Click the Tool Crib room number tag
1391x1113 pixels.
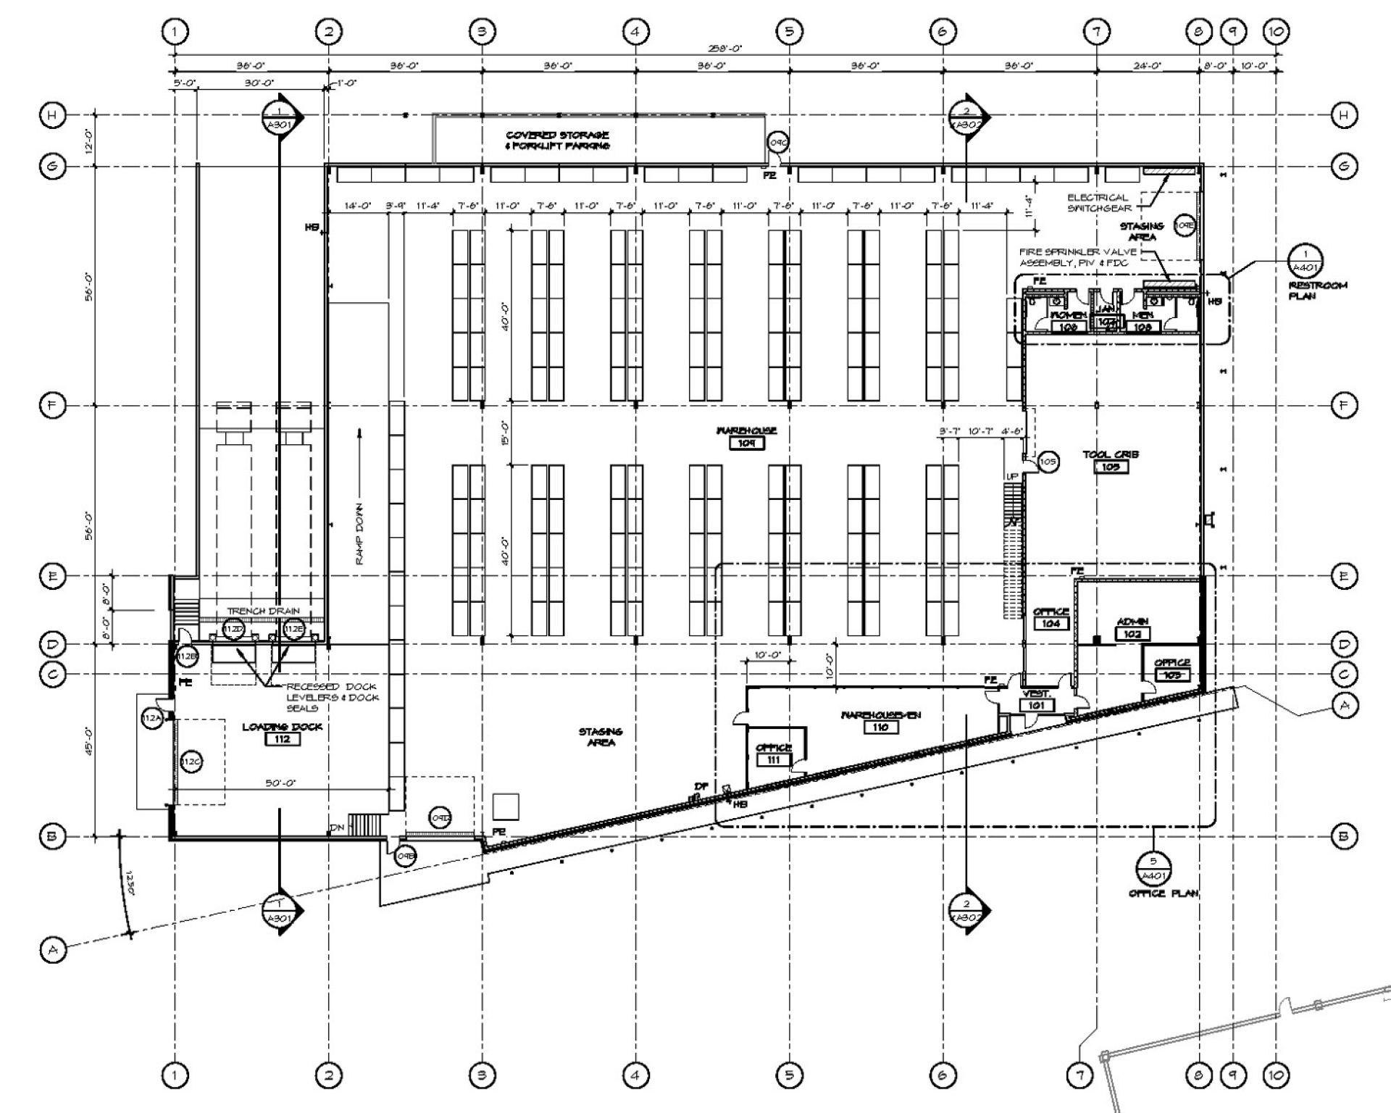[1111, 467]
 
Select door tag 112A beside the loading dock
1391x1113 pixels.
[151, 718]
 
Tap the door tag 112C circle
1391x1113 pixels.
[191, 762]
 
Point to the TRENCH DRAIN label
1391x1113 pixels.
[263, 611]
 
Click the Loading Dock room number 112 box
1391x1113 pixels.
[282, 739]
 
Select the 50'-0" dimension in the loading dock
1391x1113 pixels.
[281, 783]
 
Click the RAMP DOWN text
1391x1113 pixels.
[359, 534]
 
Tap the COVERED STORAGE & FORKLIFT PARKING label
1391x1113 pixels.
[557, 140]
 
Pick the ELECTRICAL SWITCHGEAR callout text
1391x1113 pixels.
[1098, 202]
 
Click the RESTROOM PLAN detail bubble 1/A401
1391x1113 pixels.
[1306, 261]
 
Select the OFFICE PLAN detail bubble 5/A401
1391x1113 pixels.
[1153, 868]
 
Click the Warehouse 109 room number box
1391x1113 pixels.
[746, 443]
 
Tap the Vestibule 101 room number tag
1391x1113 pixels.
[1036, 705]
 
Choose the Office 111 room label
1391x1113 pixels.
[774, 754]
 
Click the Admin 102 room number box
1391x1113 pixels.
[1132, 634]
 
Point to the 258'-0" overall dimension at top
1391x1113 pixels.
[724, 49]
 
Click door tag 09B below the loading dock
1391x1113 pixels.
[406, 856]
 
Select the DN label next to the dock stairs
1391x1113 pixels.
[337, 828]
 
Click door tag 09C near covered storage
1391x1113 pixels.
[777, 143]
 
